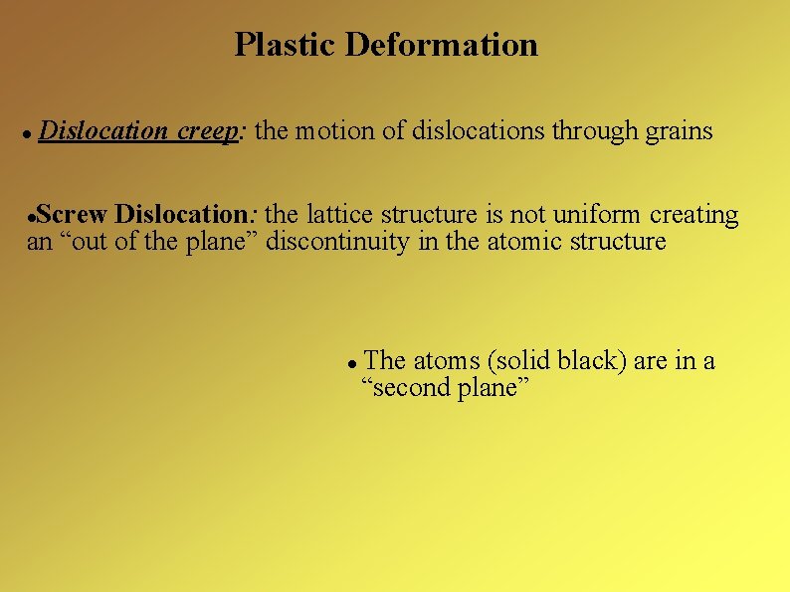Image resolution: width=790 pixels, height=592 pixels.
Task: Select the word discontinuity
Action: click(338, 242)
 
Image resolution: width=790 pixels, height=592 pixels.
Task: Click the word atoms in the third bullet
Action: click(446, 361)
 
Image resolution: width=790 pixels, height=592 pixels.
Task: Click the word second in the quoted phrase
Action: click(407, 388)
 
